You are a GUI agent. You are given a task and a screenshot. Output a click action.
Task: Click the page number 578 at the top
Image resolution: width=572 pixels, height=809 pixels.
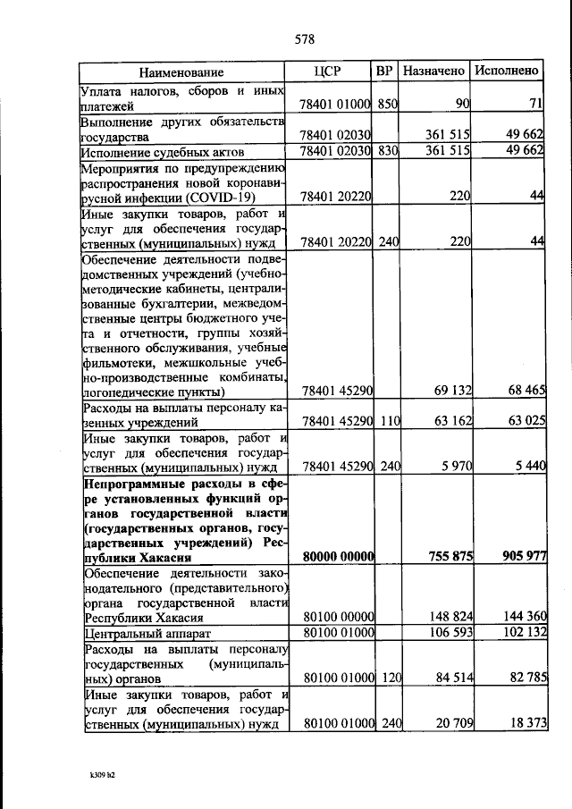tap(304, 39)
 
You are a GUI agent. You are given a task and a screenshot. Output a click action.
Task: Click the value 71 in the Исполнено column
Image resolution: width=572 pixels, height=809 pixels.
tap(535, 105)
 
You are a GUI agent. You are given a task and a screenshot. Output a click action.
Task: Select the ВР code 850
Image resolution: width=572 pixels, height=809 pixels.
tap(386, 105)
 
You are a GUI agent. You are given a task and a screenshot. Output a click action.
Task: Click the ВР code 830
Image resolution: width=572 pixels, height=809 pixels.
tap(386, 151)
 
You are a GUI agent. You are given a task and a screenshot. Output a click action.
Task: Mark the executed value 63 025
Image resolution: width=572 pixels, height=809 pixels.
tap(523, 421)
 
